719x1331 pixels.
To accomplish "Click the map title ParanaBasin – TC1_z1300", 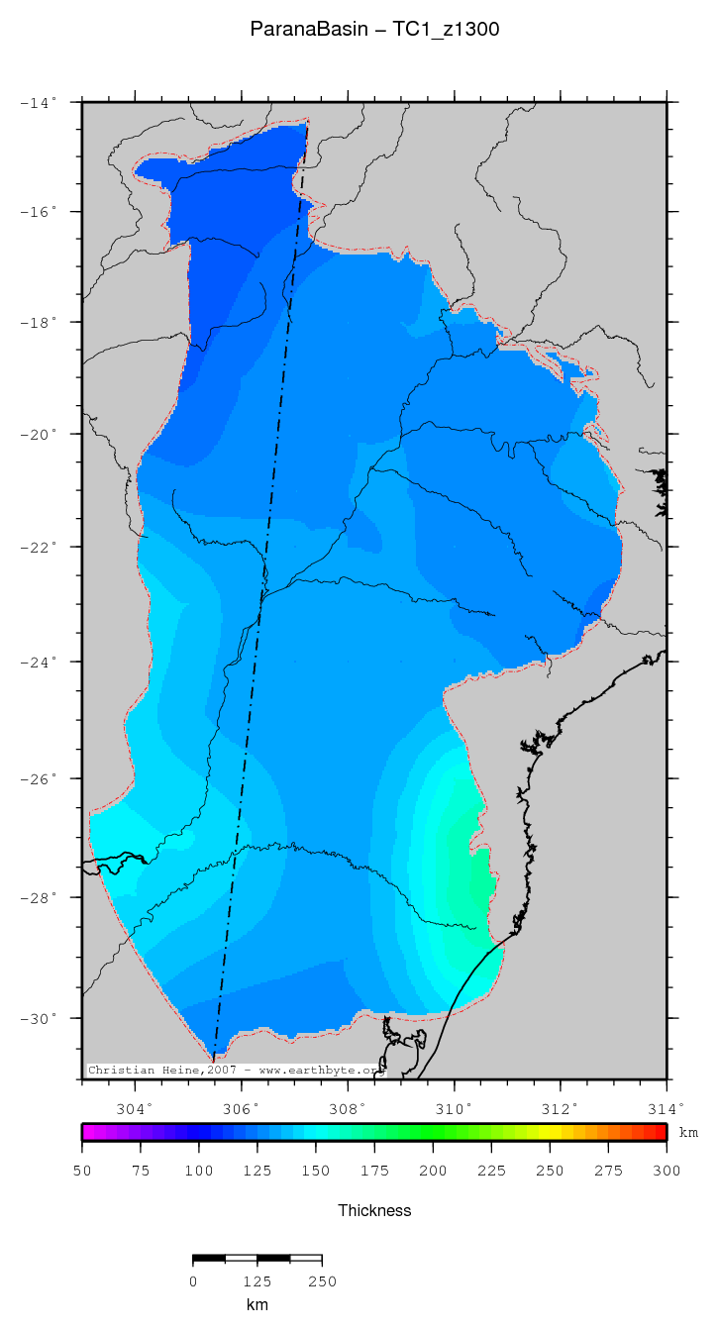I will tap(374, 30).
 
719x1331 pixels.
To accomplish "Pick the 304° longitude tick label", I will tap(136, 1108).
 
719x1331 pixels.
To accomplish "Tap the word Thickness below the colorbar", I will tap(374, 1210).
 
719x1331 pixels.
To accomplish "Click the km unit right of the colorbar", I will tap(687, 1132).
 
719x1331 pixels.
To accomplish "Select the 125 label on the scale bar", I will tap(257, 1281).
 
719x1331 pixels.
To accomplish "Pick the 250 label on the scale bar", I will tap(322, 1281).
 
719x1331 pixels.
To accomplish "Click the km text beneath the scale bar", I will tap(257, 1305).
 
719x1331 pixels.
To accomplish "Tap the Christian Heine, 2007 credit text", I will tap(234, 1070).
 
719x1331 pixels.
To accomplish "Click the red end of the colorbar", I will tap(660, 1132).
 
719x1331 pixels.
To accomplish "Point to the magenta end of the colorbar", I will tap(88, 1132).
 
